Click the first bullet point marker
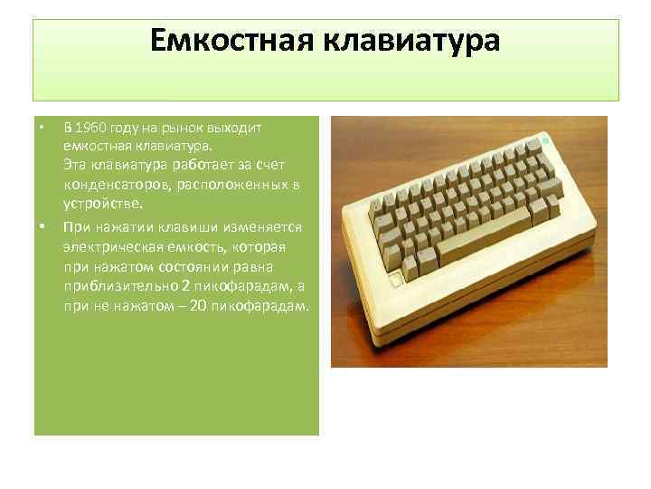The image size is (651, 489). pos(42,126)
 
